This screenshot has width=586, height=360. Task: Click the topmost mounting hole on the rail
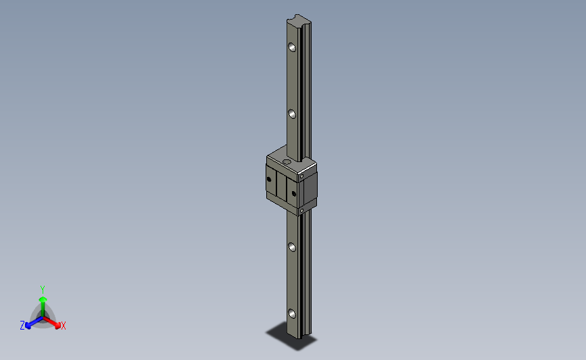point(292,47)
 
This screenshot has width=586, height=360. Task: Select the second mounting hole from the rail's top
point(292,114)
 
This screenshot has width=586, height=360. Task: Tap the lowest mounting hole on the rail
point(292,313)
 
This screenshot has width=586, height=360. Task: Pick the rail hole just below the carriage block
point(292,247)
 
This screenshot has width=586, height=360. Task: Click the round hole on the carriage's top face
point(287,161)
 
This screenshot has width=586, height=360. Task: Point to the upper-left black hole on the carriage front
point(269,179)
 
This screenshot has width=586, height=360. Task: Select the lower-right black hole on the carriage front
point(294,193)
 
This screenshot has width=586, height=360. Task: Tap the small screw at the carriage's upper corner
point(301,176)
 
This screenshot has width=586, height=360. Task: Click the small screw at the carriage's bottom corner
point(301,211)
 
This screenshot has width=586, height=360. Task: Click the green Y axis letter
point(43,290)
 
